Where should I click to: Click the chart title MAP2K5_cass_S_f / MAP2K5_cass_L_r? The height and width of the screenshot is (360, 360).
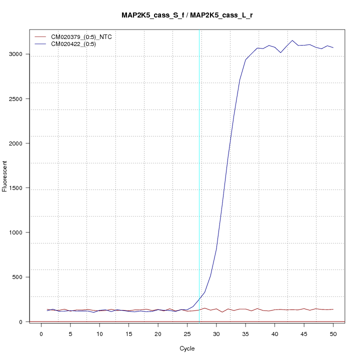point(187,15)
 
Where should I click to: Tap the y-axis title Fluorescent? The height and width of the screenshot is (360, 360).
point(5,175)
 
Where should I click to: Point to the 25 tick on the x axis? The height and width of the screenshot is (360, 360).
point(187,333)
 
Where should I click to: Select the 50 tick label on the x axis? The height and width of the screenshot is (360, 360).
point(333,333)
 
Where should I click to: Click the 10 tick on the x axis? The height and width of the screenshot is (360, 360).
point(99,333)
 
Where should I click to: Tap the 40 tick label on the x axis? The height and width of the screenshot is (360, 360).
point(274,333)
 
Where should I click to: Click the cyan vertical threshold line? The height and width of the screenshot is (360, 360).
point(199,175)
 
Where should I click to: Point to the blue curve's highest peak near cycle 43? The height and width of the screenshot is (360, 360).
point(292,40)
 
